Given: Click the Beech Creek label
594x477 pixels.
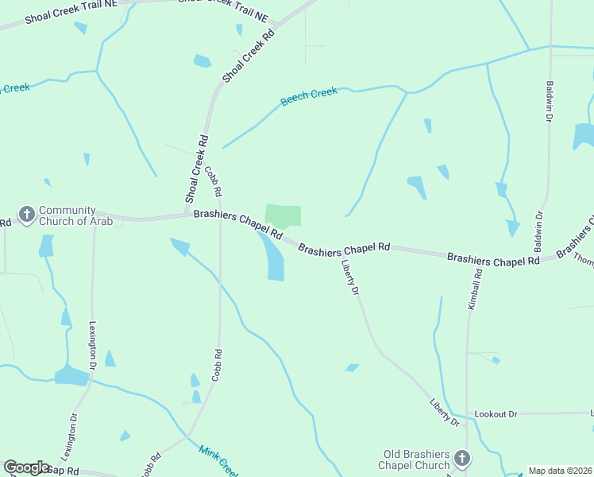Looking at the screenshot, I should [x=309, y=98].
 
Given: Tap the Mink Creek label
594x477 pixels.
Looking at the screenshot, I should [x=218, y=458].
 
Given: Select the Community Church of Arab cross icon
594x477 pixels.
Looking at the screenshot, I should [x=27, y=215].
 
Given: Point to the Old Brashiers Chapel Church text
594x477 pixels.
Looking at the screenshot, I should [x=416, y=459].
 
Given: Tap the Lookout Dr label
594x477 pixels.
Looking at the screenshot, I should [x=496, y=414].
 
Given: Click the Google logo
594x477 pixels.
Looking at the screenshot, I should [x=27, y=467].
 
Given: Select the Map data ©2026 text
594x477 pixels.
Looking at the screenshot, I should [x=560, y=471].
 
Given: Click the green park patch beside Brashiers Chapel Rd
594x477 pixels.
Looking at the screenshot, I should [x=283, y=215].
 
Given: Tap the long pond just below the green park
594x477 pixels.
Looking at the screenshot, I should [x=272, y=258].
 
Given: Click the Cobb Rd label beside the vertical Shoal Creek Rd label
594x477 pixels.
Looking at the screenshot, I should [x=213, y=181].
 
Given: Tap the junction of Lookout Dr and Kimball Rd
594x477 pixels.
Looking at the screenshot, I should [x=467, y=414].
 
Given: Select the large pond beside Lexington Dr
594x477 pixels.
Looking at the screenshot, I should [x=71, y=375].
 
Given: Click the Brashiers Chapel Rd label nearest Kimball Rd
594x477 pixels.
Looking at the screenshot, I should [x=493, y=259].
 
